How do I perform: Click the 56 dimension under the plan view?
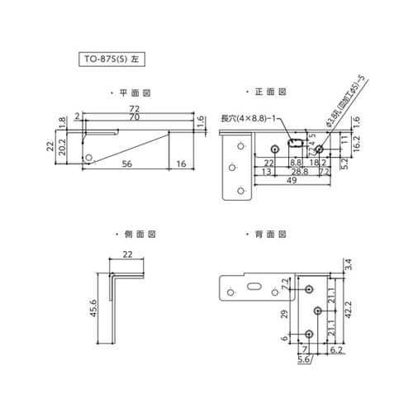coord(126,165)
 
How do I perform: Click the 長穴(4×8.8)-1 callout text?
coord(249,118)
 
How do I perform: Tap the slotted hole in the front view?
coord(295,144)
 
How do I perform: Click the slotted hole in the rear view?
coord(253,288)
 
